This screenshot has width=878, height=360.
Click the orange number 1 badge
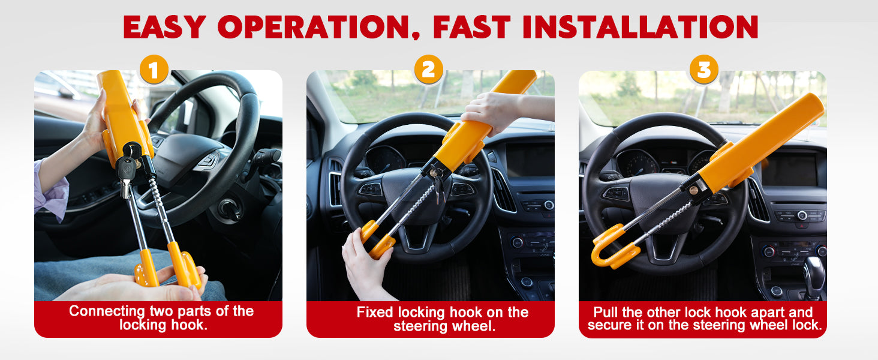154,70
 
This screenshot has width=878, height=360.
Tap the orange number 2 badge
429,70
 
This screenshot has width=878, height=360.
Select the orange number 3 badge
704,70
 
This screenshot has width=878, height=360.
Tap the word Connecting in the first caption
107,311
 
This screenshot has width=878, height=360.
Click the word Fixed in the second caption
374,312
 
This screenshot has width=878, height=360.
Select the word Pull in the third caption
606,312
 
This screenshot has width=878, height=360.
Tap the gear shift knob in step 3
814,276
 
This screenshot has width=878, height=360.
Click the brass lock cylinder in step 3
694,191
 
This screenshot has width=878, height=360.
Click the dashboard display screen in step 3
789,169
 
